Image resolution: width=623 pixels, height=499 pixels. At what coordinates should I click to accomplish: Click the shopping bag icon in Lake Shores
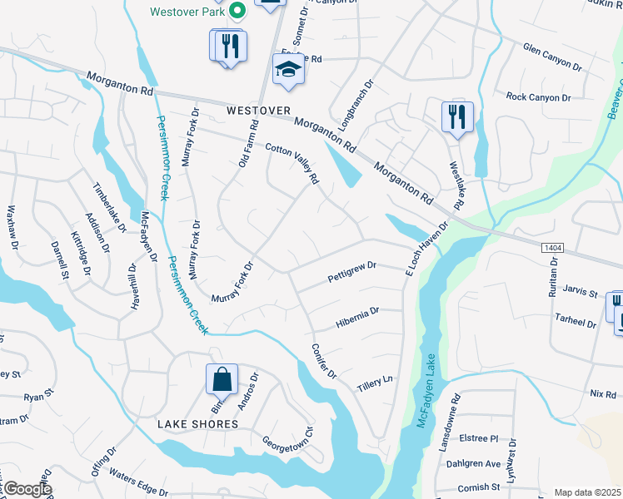222,380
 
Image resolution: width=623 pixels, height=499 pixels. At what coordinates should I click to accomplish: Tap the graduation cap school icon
288,69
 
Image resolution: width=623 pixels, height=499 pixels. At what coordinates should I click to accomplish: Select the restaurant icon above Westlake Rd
456,116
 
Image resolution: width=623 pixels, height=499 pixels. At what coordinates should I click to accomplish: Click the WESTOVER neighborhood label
259,111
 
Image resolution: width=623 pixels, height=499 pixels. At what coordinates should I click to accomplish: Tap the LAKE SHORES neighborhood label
199,424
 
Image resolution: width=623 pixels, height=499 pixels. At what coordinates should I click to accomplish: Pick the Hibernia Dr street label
357,315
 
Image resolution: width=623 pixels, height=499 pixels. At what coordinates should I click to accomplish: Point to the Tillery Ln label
375,384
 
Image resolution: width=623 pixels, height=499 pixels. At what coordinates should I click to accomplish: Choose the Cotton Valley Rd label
292,164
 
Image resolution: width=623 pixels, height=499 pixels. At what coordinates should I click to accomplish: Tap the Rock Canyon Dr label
538,97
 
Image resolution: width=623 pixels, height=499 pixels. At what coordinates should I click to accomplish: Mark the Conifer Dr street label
323,363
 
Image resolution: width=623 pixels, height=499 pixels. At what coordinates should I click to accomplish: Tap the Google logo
27,489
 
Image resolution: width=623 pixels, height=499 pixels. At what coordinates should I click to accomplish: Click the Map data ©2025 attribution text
587,492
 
